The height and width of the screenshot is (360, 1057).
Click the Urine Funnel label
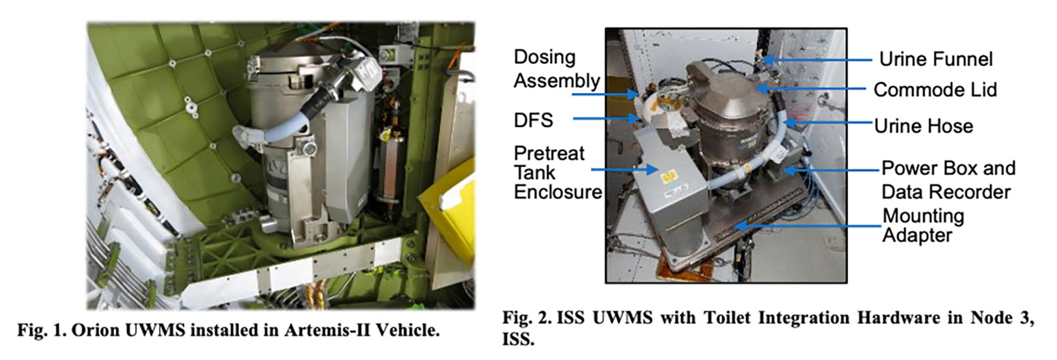point(936,59)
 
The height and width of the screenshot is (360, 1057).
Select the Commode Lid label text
point(935,89)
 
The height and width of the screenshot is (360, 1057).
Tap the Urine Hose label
point(924,126)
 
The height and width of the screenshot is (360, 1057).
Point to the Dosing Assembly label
point(557,69)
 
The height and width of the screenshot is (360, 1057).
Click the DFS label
point(533,120)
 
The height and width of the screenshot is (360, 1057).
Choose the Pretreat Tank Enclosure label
point(558,173)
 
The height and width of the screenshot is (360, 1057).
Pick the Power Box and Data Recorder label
point(948,180)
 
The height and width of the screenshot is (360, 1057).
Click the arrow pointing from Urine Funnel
point(816,60)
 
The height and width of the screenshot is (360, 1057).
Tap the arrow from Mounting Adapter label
point(808,227)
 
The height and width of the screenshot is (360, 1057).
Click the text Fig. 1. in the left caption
point(42,331)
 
